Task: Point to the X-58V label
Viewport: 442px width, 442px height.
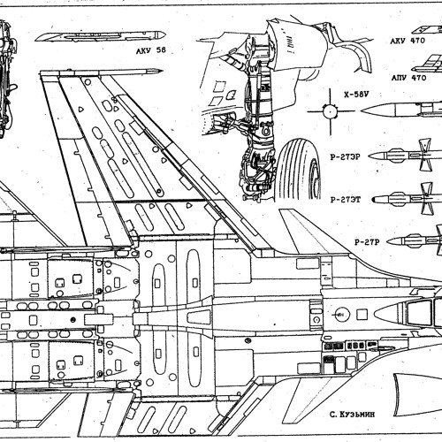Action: point(355,93)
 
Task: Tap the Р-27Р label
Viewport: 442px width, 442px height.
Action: point(366,241)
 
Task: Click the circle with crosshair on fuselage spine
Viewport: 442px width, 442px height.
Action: point(340,311)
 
